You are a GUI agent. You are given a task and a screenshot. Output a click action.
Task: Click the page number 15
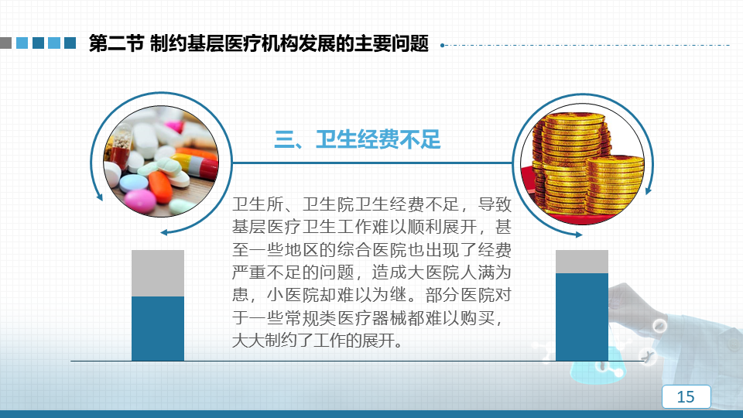(686, 396)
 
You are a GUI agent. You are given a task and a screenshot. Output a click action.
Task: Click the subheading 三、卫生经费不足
(358, 139)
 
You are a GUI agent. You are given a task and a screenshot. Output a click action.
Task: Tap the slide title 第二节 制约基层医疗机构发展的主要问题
(259, 43)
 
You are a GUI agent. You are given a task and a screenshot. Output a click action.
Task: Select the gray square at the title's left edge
(5, 43)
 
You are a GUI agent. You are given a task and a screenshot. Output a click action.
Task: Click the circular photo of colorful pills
(161, 161)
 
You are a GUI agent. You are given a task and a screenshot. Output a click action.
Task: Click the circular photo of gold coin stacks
(582, 163)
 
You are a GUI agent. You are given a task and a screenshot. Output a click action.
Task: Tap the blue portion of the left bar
(158, 328)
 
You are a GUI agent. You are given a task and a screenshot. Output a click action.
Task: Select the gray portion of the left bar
(158, 273)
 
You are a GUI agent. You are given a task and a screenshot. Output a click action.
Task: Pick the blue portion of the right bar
(582, 317)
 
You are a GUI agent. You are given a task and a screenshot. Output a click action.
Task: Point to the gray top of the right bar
(582, 262)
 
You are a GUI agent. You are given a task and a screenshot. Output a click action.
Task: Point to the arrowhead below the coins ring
(579, 234)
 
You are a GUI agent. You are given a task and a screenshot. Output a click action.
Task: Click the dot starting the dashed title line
(442, 46)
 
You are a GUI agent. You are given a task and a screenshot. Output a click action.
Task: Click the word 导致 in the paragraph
(495, 204)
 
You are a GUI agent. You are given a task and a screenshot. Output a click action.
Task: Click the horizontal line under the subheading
(372, 163)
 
